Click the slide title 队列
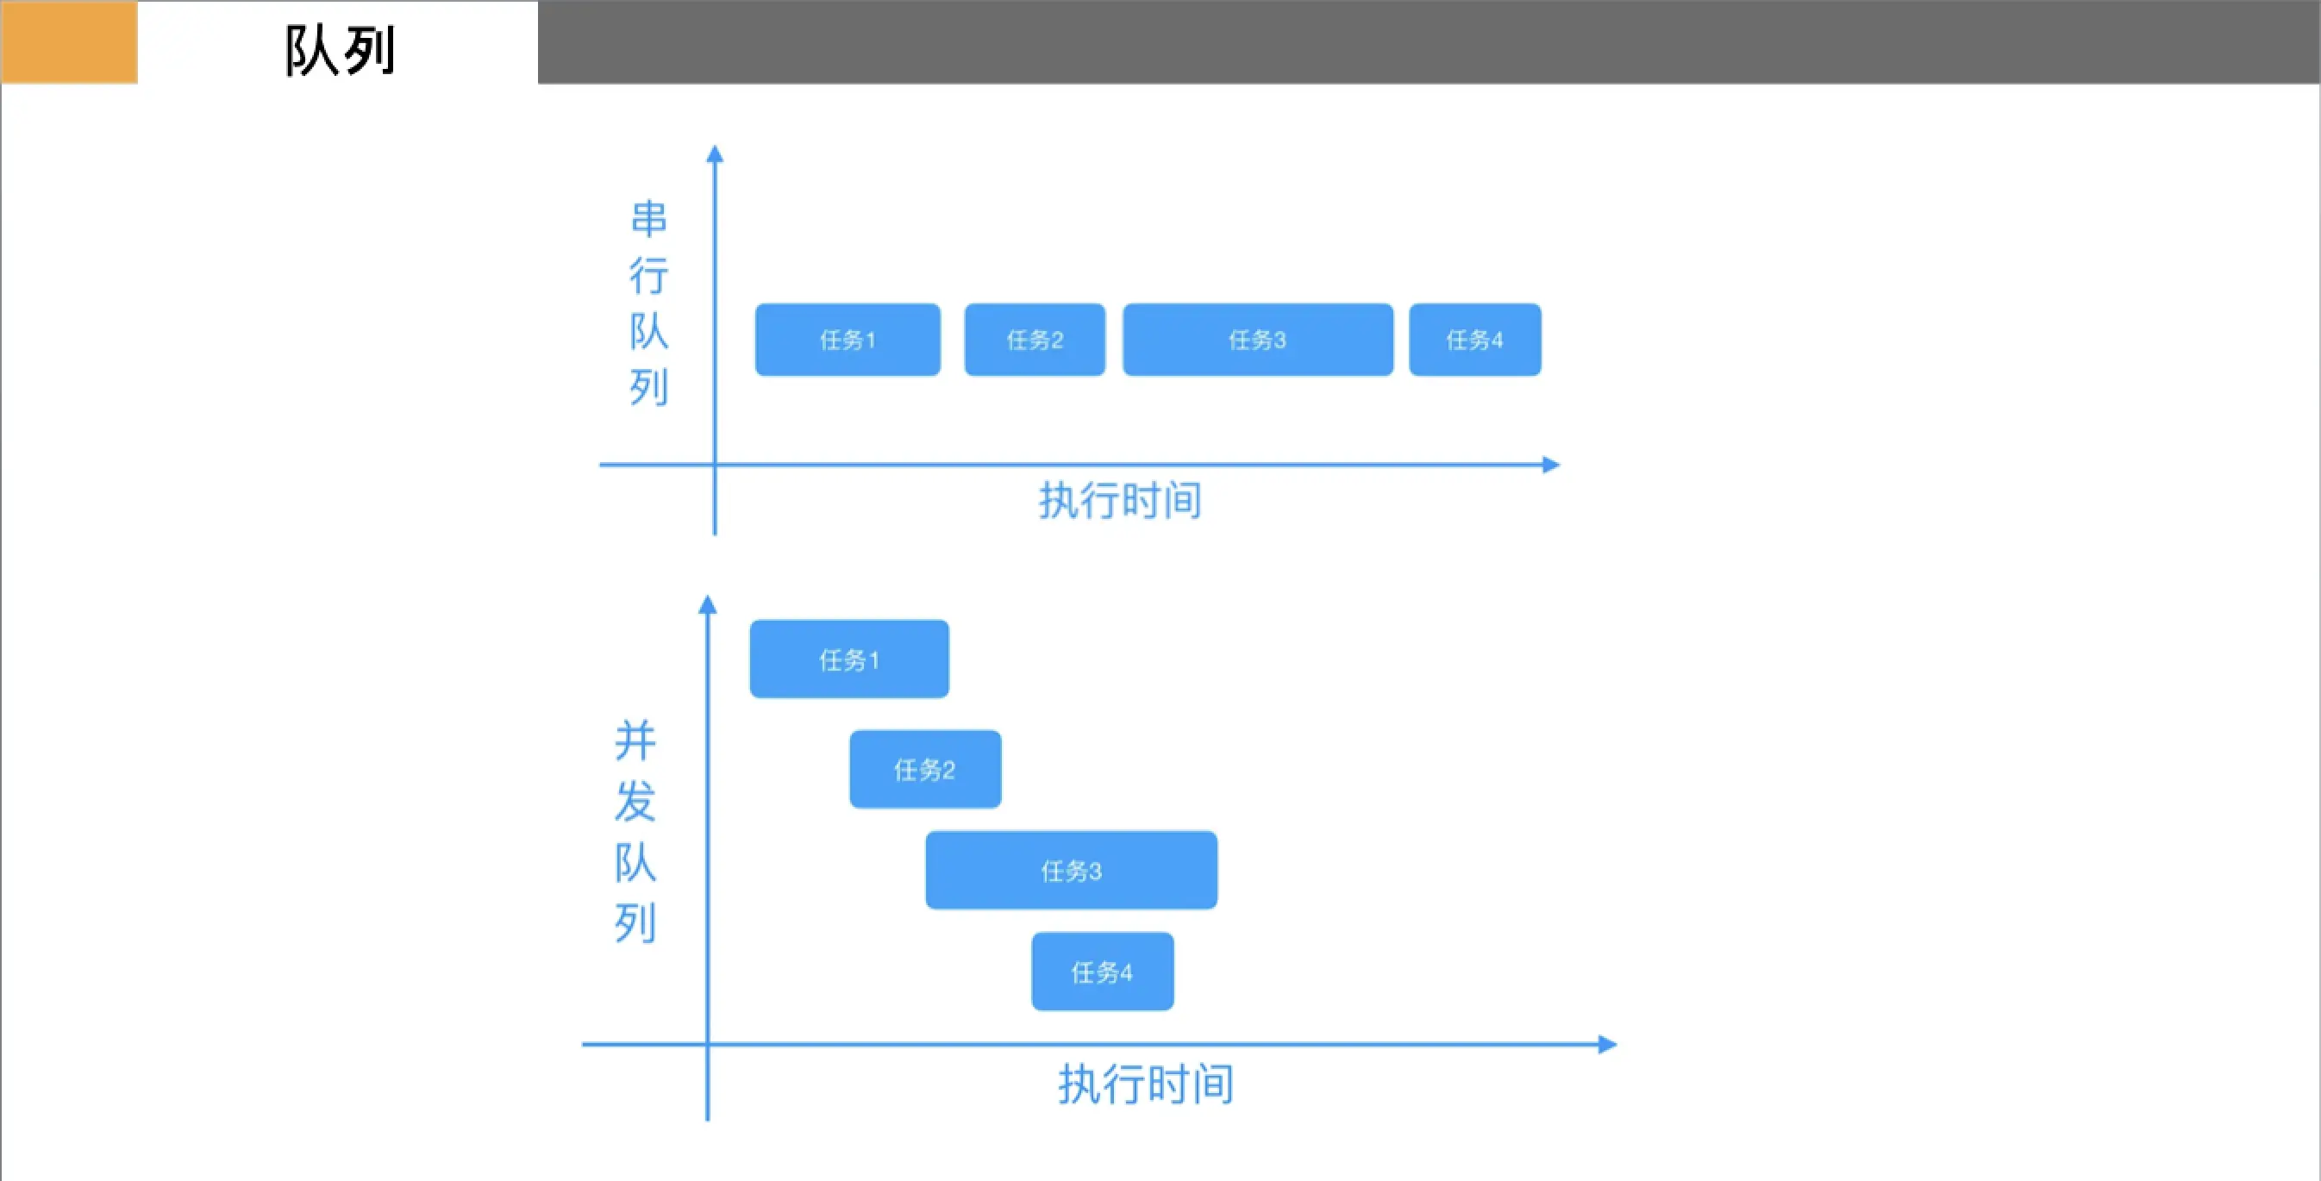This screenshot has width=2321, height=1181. pos(340,51)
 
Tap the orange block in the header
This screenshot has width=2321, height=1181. pos(69,42)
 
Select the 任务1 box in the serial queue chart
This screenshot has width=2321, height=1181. pos(847,340)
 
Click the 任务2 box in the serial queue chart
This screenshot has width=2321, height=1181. pos(1035,340)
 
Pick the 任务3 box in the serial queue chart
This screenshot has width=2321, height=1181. pos(1257,340)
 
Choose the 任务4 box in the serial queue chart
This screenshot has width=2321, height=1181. pos(1474,340)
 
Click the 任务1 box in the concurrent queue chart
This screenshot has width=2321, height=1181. pos(848,659)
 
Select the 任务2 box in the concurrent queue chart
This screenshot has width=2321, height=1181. pos(924,769)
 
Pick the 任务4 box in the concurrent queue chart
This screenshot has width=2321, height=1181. pos(1102,972)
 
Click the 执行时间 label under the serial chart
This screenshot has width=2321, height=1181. pos(1120,500)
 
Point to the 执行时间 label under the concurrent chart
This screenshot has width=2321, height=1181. pos(1145,1084)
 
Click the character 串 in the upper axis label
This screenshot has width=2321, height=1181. pos(648,219)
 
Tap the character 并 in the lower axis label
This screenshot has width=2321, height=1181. pos(635,740)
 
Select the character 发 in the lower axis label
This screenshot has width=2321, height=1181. pos(635,801)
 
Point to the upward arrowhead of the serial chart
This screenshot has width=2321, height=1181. pos(715,154)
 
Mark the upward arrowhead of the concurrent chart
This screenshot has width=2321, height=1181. pos(707,604)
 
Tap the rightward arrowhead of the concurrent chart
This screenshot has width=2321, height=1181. pos(1607,1044)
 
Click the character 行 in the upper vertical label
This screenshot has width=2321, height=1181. pos(648,275)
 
